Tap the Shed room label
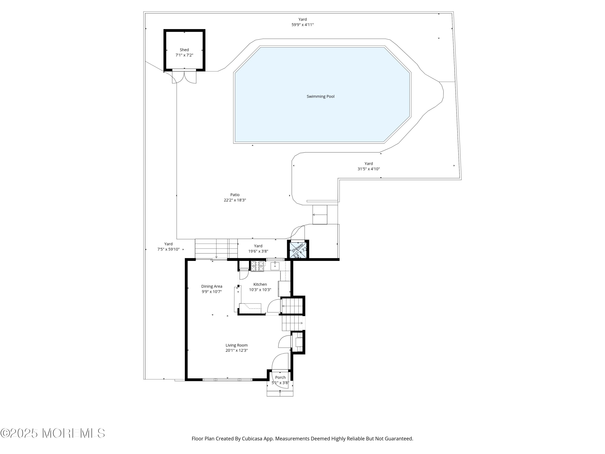(x=184, y=50)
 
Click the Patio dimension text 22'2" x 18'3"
(x=235, y=200)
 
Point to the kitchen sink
(x=275, y=266)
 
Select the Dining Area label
(x=212, y=286)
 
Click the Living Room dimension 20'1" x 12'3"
(x=237, y=350)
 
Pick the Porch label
(x=280, y=377)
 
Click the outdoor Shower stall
(x=298, y=249)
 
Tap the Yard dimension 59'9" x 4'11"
(x=302, y=25)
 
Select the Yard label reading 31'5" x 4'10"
(x=369, y=166)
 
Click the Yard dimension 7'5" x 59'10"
(x=168, y=249)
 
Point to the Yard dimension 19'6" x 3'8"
(x=258, y=251)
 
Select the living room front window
(x=227, y=380)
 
